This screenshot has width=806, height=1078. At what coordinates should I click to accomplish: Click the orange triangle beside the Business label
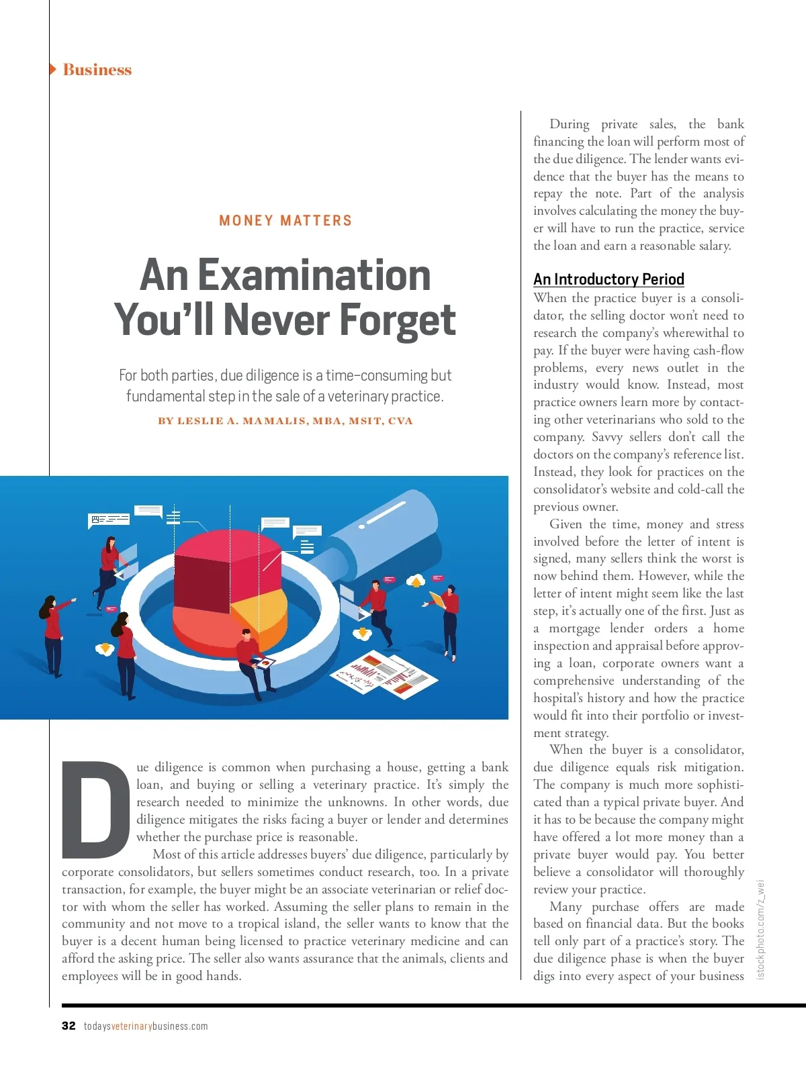coord(53,69)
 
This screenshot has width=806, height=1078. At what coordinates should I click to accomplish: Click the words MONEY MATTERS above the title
coord(285,221)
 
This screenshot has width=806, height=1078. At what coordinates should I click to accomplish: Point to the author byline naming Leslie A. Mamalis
coord(285,422)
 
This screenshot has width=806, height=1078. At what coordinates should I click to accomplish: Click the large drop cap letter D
coord(95,809)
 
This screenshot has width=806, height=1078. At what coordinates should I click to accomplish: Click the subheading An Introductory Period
coord(609,279)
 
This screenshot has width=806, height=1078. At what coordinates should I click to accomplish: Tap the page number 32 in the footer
coord(69,1026)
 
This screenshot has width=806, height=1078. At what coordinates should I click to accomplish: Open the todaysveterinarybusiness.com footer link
coord(146,1026)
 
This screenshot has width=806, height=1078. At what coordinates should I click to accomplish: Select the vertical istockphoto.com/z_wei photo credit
coord(761,929)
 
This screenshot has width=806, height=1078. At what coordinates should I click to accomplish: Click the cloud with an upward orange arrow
coord(416,581)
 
